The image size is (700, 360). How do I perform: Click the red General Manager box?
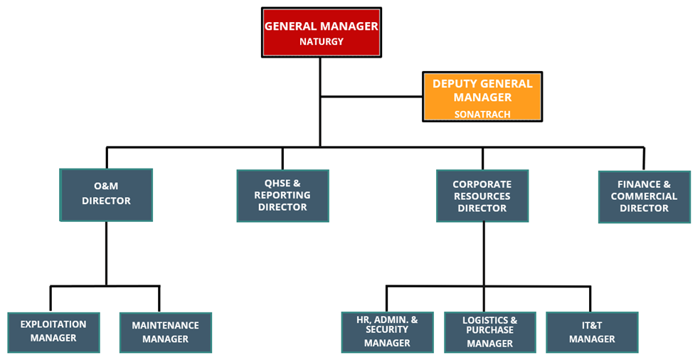[x=321, y=32]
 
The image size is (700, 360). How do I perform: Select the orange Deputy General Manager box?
[x=482, y=96]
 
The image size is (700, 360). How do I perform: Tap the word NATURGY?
[x=321, y=42]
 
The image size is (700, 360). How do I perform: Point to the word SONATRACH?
[x=482, y=114]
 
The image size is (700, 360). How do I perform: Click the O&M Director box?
[x=106, y=194]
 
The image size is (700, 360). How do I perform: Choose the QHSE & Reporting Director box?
[x=282, y=195]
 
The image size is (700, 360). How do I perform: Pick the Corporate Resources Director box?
[x=482, y=196]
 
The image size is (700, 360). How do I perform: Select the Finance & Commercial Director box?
[x=644, y=196]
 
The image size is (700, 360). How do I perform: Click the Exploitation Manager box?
[x=53, y=332]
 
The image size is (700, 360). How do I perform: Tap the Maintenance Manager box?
[x=165, y=332]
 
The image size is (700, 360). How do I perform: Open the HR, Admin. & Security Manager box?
[x=387, y=332]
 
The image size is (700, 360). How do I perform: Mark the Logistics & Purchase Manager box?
[x=489, y=332]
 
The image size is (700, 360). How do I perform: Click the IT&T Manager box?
[x=592, y=332]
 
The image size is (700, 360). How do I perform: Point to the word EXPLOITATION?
[x=53, y=324]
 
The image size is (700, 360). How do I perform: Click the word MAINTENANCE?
[x=165, y=326]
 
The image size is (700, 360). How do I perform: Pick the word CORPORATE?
[x=482, y=184]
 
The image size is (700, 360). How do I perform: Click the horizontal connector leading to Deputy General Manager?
[x=371, y=96]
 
